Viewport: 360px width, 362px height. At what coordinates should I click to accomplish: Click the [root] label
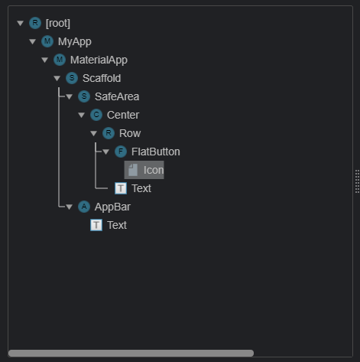[x=58, y=23]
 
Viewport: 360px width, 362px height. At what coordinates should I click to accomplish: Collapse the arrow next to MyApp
[x=32, y=41]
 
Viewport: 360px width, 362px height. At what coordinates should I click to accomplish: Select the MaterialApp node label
[x=99, y=60]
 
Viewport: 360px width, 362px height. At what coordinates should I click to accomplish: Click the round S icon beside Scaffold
[x=72, y=78]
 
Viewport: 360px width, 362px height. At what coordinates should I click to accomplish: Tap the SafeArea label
[x=116, y=96]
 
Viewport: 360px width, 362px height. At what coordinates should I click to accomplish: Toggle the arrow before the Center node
[x=81, y=115]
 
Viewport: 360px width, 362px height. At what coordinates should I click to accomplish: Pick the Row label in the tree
[x=130, y=133]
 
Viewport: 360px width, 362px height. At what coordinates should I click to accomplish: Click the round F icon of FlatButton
[x=121, y=152]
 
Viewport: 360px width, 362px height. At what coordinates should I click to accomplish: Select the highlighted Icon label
[x=154, y=170]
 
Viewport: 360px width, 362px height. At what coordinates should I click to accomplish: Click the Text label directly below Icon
[x=141, y=188]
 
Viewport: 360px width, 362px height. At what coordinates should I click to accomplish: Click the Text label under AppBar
[x=117, y=225]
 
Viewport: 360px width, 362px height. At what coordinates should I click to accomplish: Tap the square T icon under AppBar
[x=96, y=225]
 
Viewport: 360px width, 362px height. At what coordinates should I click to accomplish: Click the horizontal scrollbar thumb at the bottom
[x=130, y=354]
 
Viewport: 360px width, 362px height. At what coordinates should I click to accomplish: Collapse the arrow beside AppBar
[x=69, y=207]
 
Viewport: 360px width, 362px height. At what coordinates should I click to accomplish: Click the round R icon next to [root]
[x=35, y=23]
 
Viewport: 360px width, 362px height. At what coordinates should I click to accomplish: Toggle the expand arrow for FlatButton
[x=105, y=152]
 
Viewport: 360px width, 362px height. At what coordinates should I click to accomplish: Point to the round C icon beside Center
[x=96, y=115]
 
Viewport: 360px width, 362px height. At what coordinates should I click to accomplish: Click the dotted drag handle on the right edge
[x=357, y=181]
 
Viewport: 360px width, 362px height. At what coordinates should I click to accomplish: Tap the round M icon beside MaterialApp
[x=60, y=60]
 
